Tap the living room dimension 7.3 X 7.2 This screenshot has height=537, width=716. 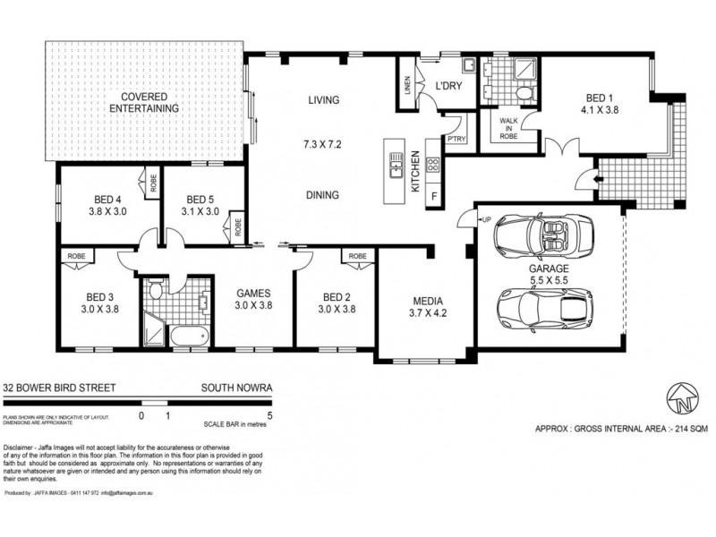(323, 143)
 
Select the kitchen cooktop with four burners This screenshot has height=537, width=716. (433, 164)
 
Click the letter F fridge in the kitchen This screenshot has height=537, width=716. (434, 194)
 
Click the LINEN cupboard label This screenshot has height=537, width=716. (407, 86)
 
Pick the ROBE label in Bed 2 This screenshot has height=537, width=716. (358, 257)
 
